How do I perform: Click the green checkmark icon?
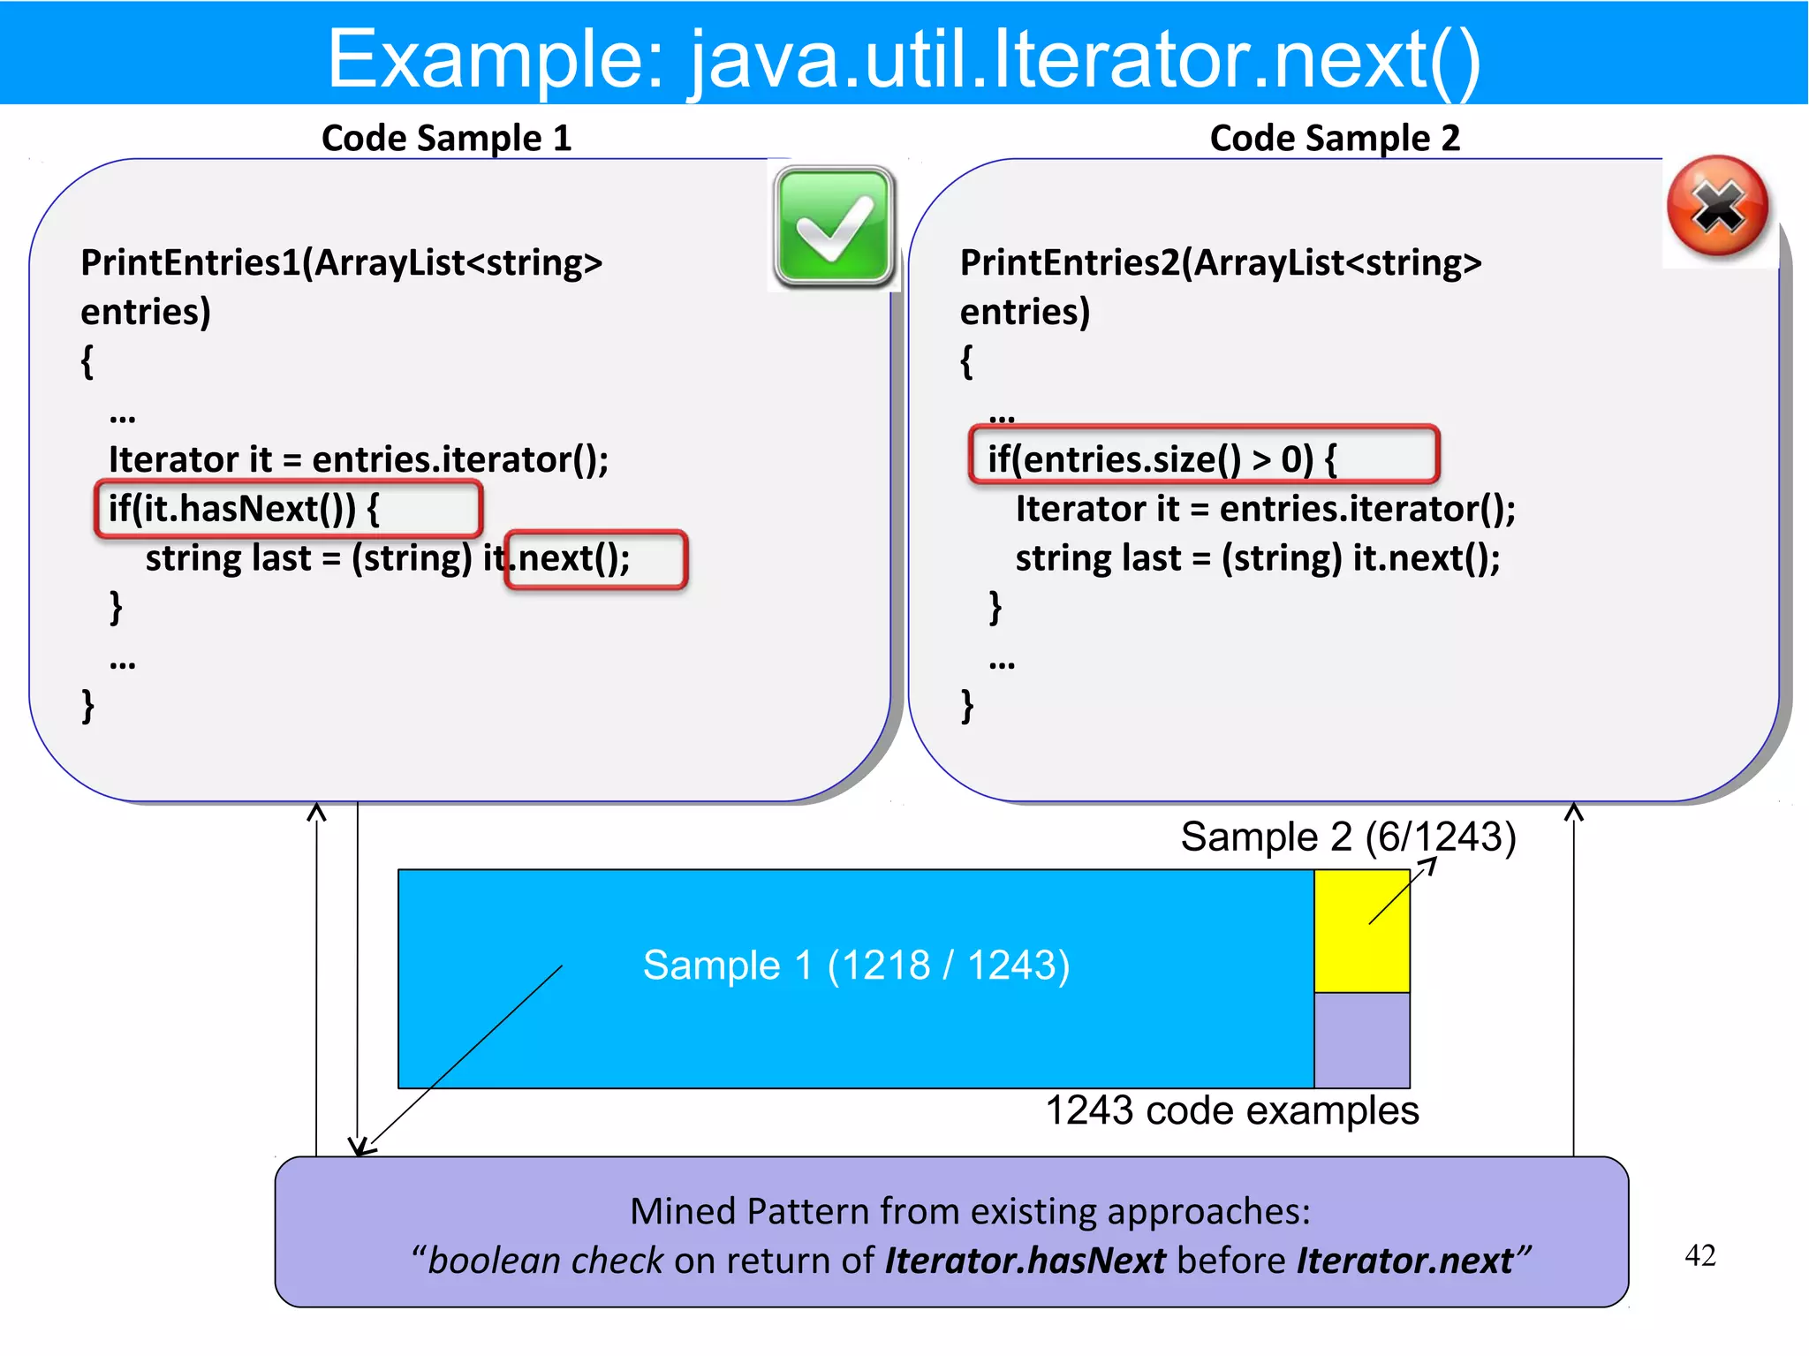click(x=834, y=227)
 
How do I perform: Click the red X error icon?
click(x=1718, y=208)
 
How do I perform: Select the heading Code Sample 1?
click(x=446, y=139)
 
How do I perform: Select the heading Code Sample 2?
click(x=1334, y=139)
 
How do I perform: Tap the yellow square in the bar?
click(x=1361, y=930)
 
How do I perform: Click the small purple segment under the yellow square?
click(x=1361, y=1040)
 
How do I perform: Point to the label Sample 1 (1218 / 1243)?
click(x=855, y=965)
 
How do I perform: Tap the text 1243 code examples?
click(x=1231, y=1110)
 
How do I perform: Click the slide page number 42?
click(x=1699, y=1255)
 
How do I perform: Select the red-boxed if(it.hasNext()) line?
click(x=288, y=509)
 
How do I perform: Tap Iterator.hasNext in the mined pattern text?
click(x=1025, y=1261)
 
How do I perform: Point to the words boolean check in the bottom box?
click(x=544, y=1261)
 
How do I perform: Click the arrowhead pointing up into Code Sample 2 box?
click(x=1573, y=810)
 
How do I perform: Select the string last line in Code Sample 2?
click(x=1257, y=558)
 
